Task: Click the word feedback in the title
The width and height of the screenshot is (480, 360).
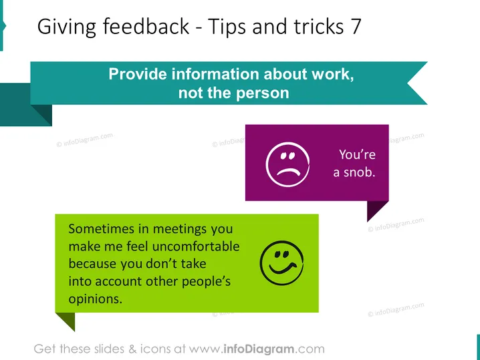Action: coord(146,26)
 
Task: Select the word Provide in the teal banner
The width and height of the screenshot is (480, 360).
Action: coord(138,74)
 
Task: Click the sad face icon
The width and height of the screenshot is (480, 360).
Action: coord(287,164)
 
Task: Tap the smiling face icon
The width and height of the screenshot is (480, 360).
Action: coord(281,263)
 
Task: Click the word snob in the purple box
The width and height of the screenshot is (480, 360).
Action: coord(359,172)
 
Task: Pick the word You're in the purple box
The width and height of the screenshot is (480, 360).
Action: coord(357,154)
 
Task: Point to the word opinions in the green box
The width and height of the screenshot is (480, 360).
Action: coord(95,299)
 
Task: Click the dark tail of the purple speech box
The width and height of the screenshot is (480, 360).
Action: coord(376,209)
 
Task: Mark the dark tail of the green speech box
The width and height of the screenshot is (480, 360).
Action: coord(68,320)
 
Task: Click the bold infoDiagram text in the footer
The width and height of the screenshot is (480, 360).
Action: coord(259,349)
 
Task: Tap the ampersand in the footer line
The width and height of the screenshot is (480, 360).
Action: coord(132,349)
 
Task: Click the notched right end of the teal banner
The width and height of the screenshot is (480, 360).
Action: coord(417,83)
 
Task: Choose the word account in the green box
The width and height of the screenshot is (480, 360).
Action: coord(118,282)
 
